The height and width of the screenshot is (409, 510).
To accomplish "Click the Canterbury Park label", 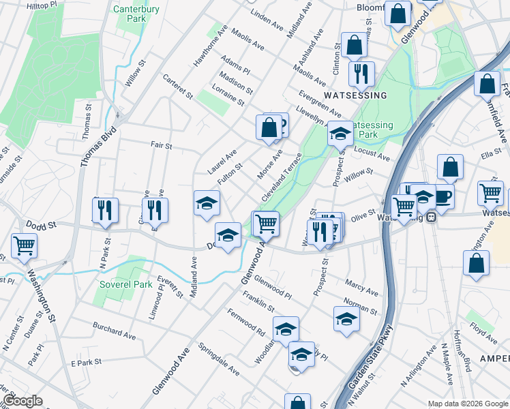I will click(136, 14).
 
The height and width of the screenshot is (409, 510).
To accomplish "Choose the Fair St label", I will click(161, 145).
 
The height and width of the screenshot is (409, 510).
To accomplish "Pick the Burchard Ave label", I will click(115, 331).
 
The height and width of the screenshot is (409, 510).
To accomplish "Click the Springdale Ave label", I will click(219, 361).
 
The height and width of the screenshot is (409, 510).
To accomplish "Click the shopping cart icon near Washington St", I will click(24, 245).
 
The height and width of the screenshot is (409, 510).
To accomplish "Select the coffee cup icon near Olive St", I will click(442, 196).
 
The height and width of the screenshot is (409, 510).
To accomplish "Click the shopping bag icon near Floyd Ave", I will click(476, 262).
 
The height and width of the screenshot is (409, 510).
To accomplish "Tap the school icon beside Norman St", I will click(346, 317).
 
